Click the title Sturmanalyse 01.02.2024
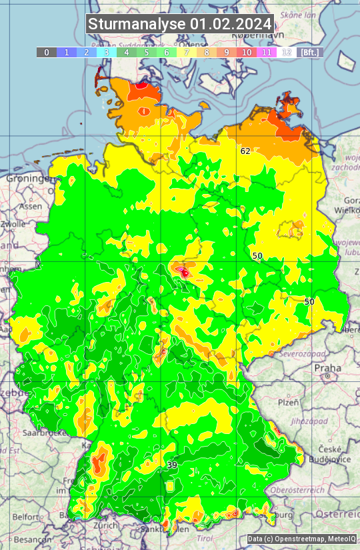coord(180,24)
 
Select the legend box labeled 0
coord(47,52)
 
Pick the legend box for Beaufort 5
coord(147,52)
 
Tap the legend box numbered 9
coord(227,52)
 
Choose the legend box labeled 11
coord(267,52)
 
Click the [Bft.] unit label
coord(310,52)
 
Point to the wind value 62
coord(245,151)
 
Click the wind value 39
coord(172,465)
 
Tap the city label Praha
coord(327,367)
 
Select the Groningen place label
coord(28,179)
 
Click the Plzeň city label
coord(288,403)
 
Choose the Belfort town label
coord(26,517)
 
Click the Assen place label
coord(29,207)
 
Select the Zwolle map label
coord(12,224)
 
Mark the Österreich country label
coord(338,515)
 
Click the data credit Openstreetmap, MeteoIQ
coord(301,539)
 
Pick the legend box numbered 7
coord(187,52)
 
